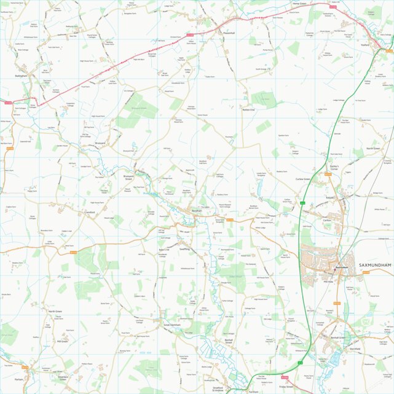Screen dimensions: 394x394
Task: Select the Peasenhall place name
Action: (229, 33)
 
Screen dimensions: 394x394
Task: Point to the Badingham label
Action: (22, 76)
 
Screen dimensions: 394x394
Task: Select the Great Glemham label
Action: (171, 324)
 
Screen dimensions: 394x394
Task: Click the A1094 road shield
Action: (285, 377)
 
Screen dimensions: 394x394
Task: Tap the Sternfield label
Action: (354, 349)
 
